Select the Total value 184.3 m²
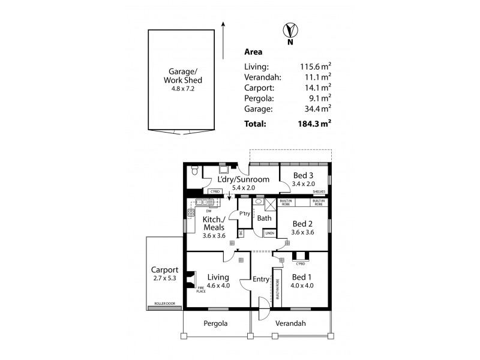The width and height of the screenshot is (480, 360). (316, 124)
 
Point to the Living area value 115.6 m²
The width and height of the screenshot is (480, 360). (316, 67)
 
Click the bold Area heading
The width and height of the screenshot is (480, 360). (253, 52)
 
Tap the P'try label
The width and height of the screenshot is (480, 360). (245, 214)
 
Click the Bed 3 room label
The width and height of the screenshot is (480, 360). (303, 175)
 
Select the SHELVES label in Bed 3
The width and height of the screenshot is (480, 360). (319, 192)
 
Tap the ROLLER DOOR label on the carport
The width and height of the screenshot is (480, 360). (163, 304)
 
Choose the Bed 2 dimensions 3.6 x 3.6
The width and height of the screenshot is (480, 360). (303, 232)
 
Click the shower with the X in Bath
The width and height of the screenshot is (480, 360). (271, 204)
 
